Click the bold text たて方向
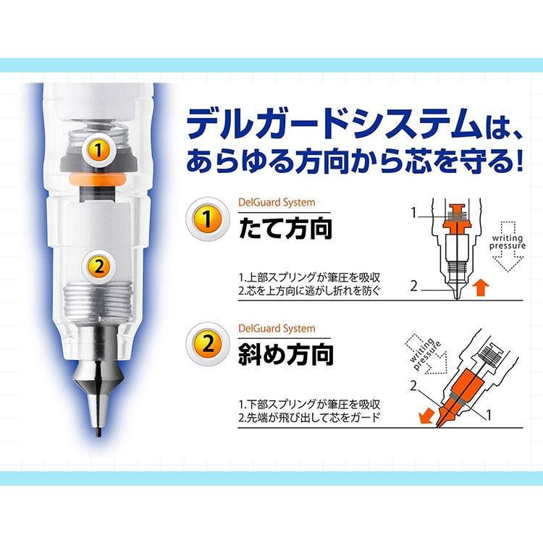click(286, 228)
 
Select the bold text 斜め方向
click(286, 354)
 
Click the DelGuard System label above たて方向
click(277, 203)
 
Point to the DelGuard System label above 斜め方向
click(277, 329)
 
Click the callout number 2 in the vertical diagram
click(413, 286)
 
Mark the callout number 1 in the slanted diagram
click(489, 415)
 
